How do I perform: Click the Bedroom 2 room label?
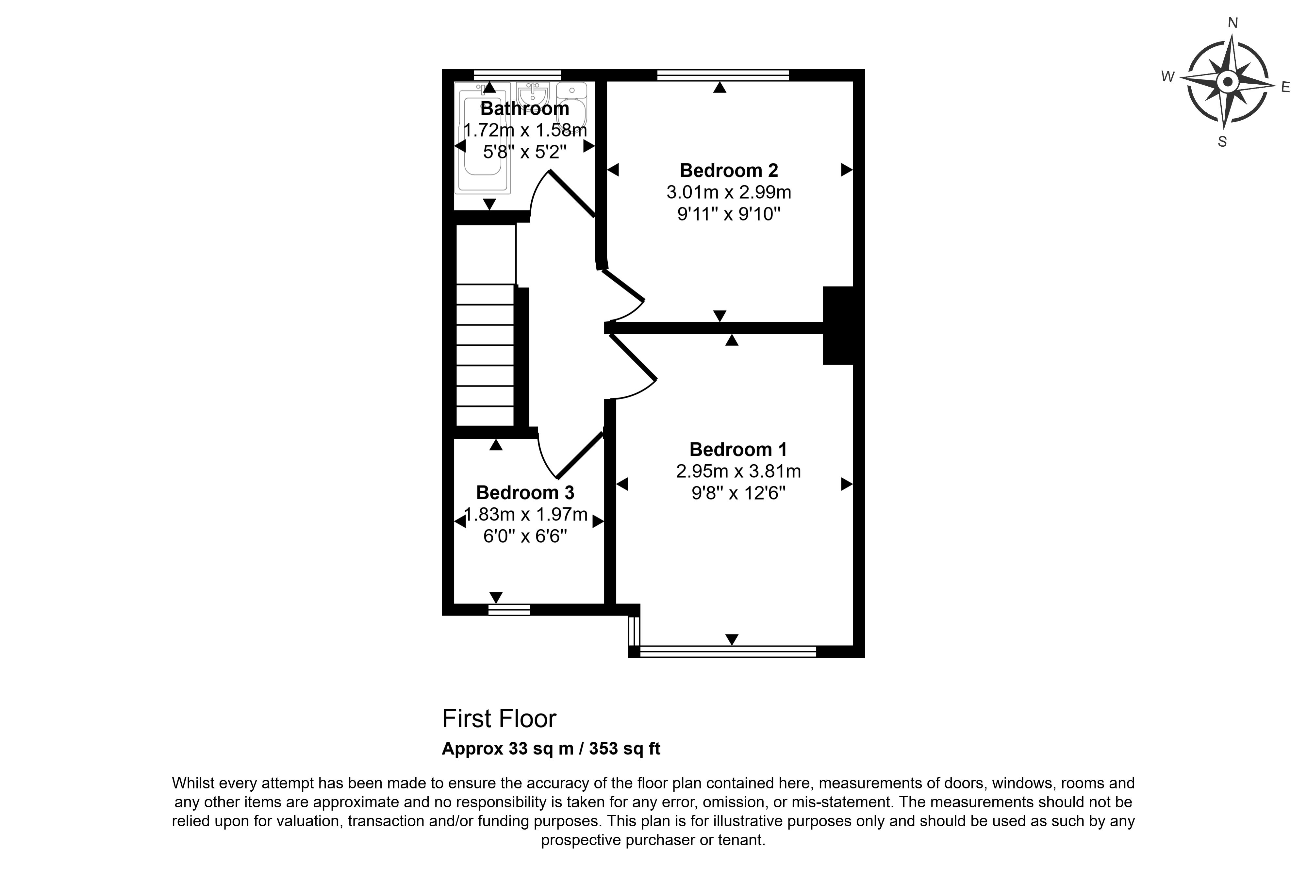[728, 170]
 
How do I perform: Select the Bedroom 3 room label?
[525, 493]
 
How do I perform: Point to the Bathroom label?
[524, 108]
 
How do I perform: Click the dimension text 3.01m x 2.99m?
[728, 192]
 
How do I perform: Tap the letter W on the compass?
[1168, 77]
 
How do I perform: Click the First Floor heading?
[499, 719]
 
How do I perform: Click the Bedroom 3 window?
[509, 610]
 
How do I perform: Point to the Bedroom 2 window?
[723, 75]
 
